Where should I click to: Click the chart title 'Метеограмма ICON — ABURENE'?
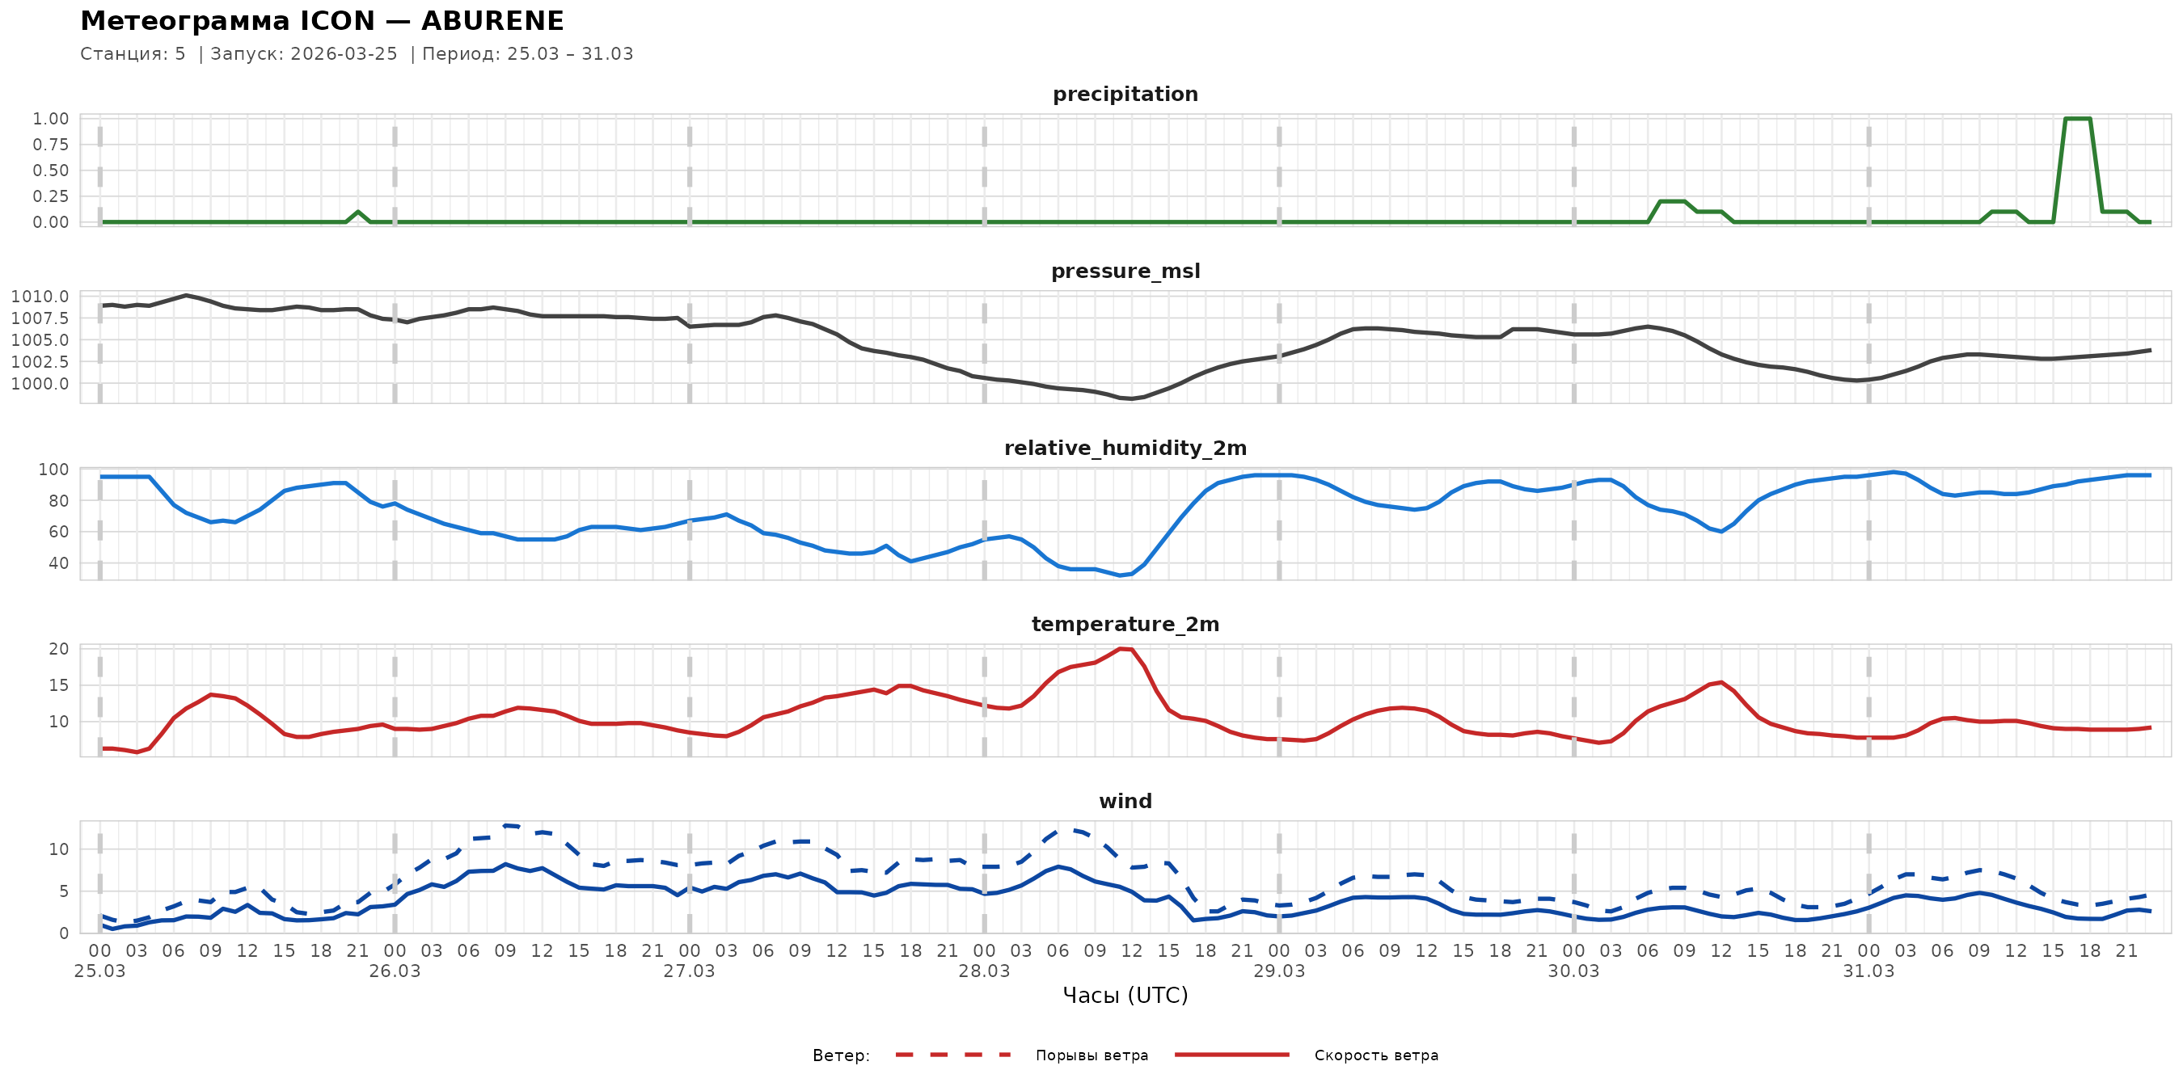(322, 20)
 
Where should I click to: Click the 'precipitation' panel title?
(1125, 94)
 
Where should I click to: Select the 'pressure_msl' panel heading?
(1125, 271)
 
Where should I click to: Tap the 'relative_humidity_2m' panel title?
(1125, 448)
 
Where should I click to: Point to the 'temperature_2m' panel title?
(1125, 624)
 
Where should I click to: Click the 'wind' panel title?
(1125, 802)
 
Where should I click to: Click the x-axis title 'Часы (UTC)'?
(1125, 996)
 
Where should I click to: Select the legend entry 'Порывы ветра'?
(1091, 1055)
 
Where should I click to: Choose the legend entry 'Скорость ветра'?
(1375, 1055)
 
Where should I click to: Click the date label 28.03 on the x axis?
(984, 971)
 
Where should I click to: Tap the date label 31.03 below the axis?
(1868, 971)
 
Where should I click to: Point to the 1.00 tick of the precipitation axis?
(51, 119)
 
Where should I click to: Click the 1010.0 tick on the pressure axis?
(40, 297)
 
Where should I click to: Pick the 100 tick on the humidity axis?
(53, 470)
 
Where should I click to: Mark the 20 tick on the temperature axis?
(58, 649)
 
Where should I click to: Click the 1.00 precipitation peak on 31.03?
(2078, 119)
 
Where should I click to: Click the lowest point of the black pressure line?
(1131, 398)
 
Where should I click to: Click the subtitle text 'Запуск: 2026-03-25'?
(303, 54)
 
